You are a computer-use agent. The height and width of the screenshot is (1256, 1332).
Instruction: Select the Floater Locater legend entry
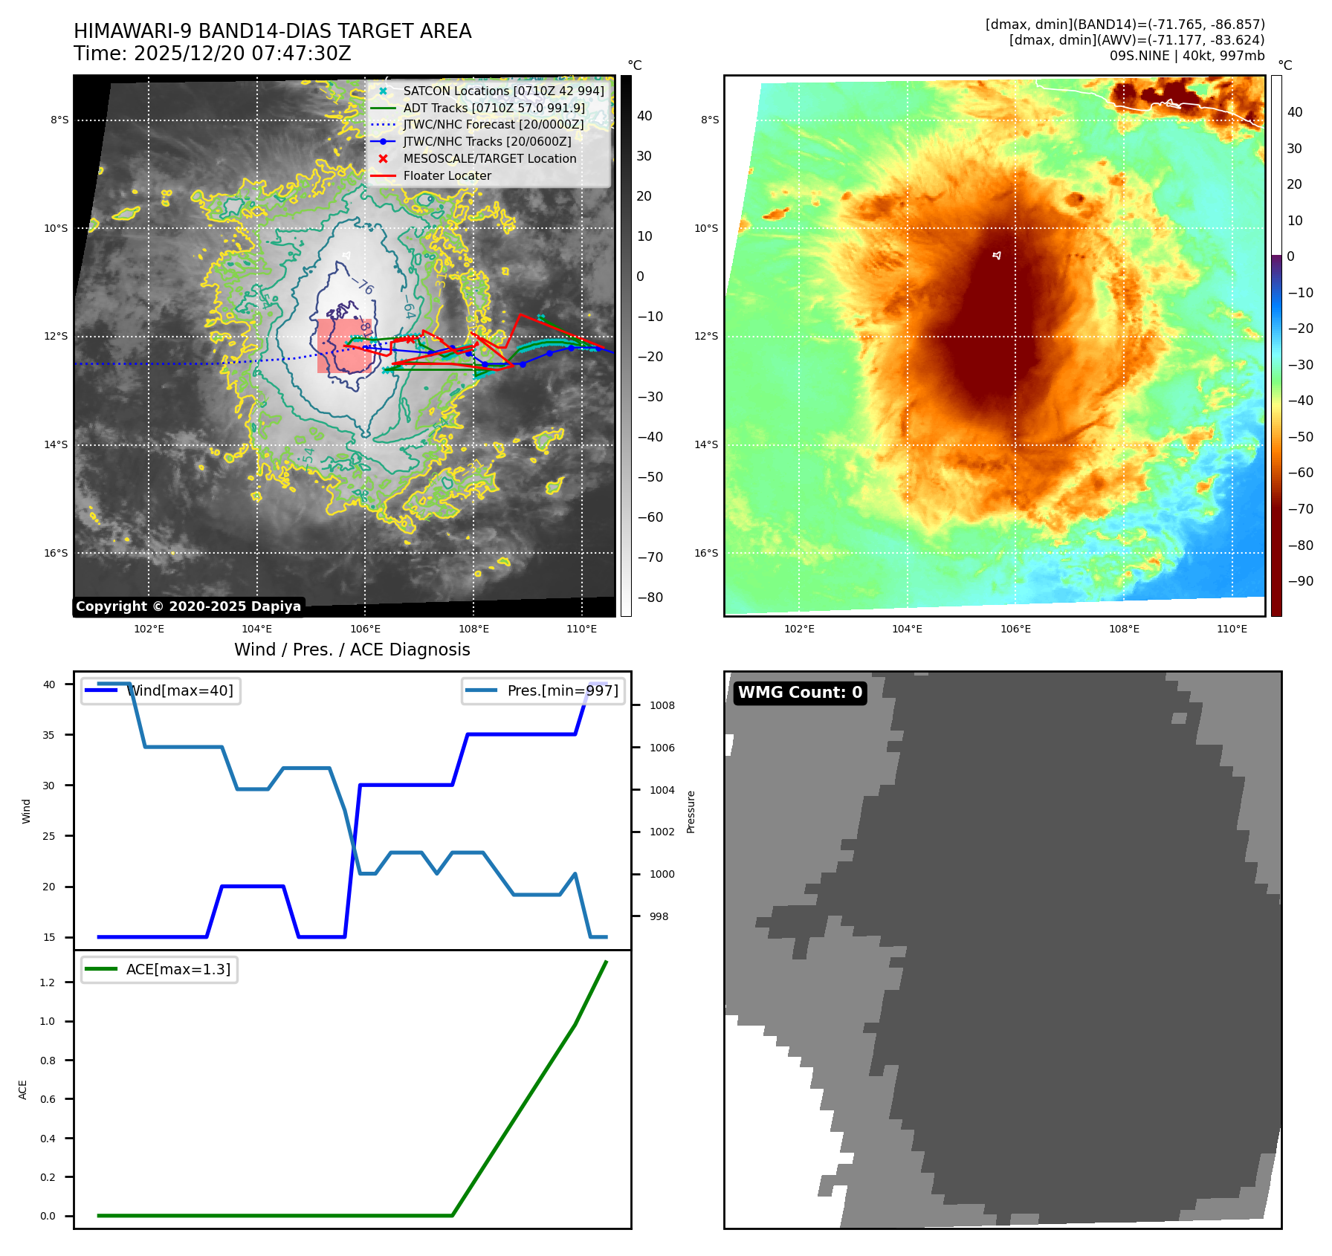pos(447,176)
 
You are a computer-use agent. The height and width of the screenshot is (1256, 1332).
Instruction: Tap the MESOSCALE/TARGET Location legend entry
pos(489,159)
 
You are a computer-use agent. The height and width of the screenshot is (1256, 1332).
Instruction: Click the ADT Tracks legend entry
pos(494,108)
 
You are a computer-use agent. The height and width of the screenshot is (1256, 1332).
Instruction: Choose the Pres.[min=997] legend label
pos(562,690)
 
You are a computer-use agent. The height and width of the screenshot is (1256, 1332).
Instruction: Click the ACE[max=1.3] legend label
pos(178,969)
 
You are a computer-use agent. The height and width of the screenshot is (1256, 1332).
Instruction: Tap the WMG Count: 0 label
pos(800,693)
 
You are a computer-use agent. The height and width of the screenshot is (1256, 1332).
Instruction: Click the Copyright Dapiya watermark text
pos(188,606)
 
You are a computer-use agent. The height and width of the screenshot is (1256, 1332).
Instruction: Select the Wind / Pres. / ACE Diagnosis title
pos(352,650)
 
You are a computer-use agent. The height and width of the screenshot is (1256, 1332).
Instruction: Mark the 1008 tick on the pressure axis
pos(662,705)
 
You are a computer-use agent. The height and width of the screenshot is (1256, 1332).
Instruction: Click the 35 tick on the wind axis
pos(49,735)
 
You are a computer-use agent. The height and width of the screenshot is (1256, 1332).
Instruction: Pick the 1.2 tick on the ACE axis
pos(48,983)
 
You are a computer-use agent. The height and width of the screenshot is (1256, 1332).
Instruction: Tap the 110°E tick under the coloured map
pos(1232,629)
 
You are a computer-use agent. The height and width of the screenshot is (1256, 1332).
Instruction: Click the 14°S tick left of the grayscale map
pos(56,445)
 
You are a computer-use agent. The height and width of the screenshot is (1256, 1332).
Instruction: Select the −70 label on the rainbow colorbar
pos(1300,509)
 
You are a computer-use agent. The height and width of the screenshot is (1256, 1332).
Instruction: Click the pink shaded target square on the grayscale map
pos(344,346)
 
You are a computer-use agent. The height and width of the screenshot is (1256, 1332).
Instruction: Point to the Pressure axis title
pos(691,812)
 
